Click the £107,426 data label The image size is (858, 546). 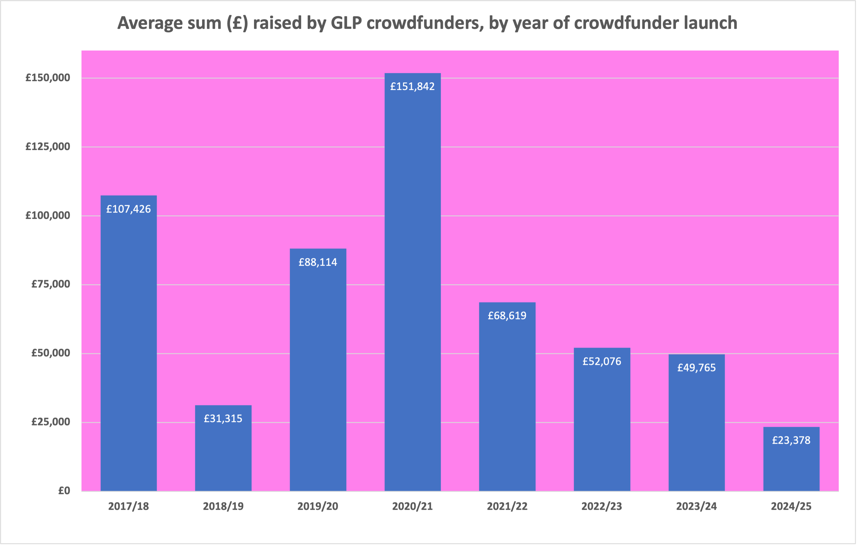[x=129, y=209]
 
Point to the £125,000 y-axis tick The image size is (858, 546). [x=48, y=147]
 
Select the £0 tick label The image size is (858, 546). [x=64, y=491]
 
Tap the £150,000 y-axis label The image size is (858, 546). [x=48, y=78]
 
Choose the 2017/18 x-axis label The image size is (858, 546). [x=129, y=506]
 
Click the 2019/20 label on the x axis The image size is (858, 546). [x=318, y=506]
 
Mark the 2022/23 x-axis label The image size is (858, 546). [x=602, y=506]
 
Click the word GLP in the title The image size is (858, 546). [x=346, y=23]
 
